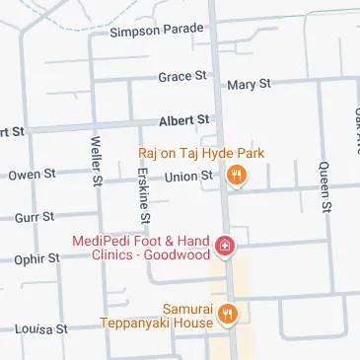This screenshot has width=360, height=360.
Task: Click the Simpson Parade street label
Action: (158, 33)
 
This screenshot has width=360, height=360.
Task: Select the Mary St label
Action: (249, 85)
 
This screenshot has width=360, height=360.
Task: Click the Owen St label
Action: (32, 175)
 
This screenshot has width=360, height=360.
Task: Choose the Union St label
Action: (188, 177)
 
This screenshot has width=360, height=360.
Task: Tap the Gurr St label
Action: (34, 216)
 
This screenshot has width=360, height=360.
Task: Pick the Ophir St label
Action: (36, 258)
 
